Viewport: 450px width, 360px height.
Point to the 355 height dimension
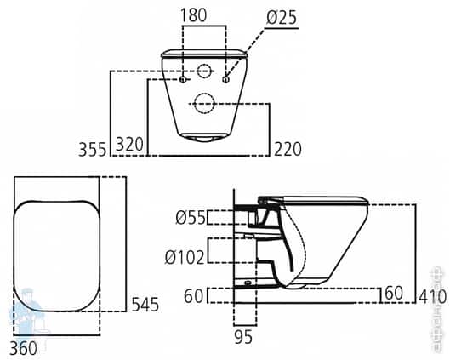pyautogui.click(x=91, y=150)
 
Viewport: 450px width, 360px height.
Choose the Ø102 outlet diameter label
pyautogui.click(x=186, y=256)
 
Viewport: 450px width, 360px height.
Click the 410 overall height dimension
pyautogui.click(x=432, y=296)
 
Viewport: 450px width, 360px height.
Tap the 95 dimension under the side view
pyautogui.click(x=244, y=338)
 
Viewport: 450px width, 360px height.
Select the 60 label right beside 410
pyautogui.click(x=393, y=294)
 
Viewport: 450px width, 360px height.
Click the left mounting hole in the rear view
pyautogui.click(x=183, y=80)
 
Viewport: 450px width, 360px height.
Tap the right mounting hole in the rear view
pyautogui.click(x=225, y=80)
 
